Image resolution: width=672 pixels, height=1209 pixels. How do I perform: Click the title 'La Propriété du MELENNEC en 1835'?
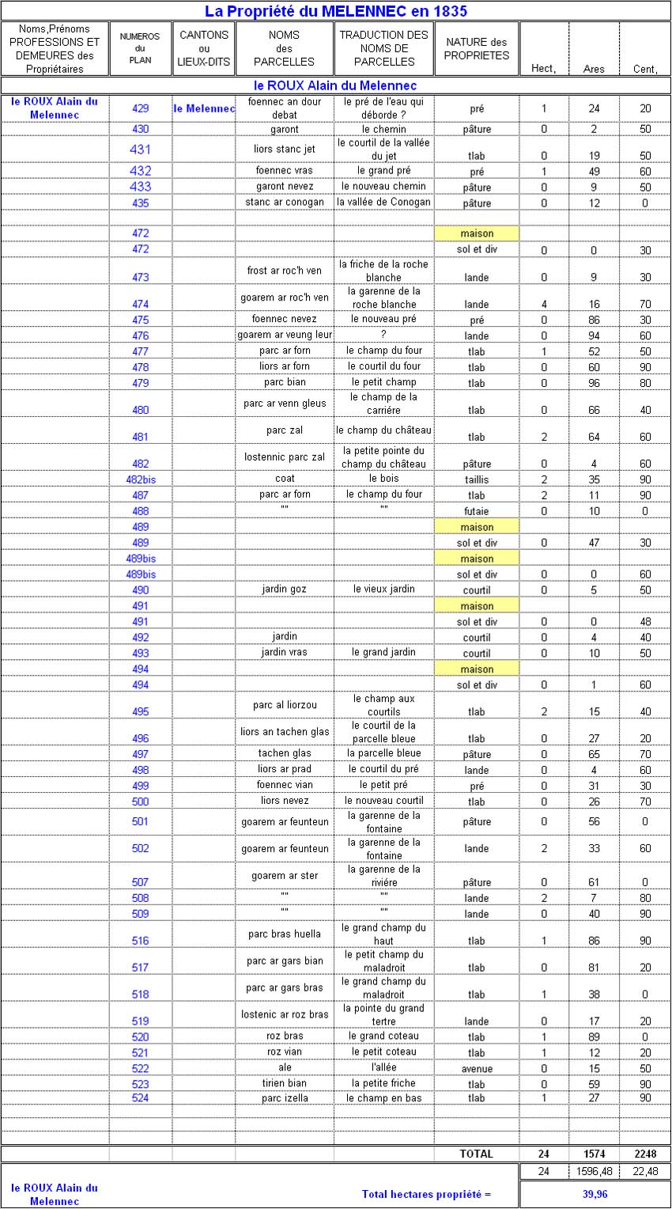pyautogui.click(x=335, y=10)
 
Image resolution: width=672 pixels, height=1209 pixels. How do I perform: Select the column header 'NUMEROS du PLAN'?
pyautogui.click(x=140, y=48)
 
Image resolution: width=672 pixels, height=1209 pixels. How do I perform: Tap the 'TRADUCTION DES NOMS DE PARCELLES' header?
pyautogui.click(x=383, y=48)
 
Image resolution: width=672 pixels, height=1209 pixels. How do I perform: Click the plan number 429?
pyautogui.click(x=141, y=108)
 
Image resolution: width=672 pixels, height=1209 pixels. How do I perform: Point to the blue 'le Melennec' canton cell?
pyautogui.click(x=204, y=108)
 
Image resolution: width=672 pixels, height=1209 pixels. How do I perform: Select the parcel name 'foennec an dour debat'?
pyautogui.click(x=285, y=108)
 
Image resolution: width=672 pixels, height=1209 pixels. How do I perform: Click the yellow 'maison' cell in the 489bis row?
pyautogui.click(x=477, y=559)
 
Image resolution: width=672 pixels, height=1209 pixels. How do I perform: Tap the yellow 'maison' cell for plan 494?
pyautogui.click(x=477, y=669)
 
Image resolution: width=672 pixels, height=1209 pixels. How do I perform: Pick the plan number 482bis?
pyautogui.click(x=141, y=479)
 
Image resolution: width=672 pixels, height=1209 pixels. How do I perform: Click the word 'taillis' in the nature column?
pyautogui.click(x=477, y=479)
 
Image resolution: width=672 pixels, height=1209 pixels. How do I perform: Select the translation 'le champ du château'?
pyautogui.click(x=383, y=430)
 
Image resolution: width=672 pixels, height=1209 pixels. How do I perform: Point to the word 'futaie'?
pyautogui.click(x=477, y=511)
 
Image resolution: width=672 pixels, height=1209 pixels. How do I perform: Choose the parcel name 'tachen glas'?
pyautogui.click(x=285, y=753)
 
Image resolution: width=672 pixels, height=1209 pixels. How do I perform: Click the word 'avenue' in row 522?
pyautogui.click(x=477, y=1069)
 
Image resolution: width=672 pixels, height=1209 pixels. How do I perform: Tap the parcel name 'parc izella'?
pyautogui.click(x=285, y=1098)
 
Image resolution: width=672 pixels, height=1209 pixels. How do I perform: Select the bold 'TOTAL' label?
pyautogui.click(x=476, y=1154)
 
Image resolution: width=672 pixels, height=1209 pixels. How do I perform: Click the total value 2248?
pyautogui.click(x=645, y=1154)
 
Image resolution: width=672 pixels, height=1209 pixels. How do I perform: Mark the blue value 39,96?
pyautogui.click(x=595, y=1193)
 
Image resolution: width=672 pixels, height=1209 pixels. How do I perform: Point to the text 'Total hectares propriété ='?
pyautogui.click(x=426, y=1193)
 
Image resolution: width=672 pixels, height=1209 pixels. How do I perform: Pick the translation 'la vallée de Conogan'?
pyautogui.click(x=383, y=202)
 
